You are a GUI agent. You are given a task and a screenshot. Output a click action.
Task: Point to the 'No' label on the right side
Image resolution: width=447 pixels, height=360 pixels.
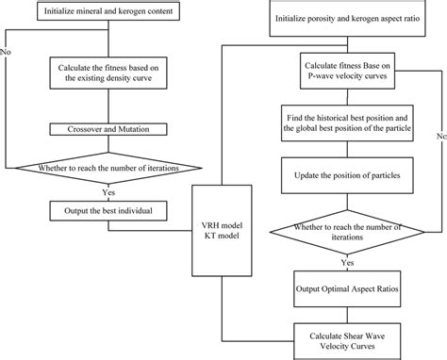439,137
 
